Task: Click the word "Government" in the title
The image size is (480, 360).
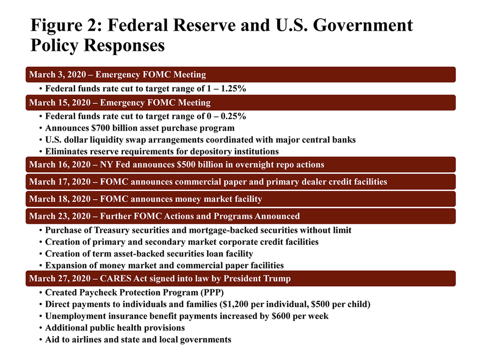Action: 363,25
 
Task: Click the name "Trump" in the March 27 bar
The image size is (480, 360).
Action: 279,279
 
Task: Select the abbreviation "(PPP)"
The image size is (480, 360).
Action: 212,293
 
